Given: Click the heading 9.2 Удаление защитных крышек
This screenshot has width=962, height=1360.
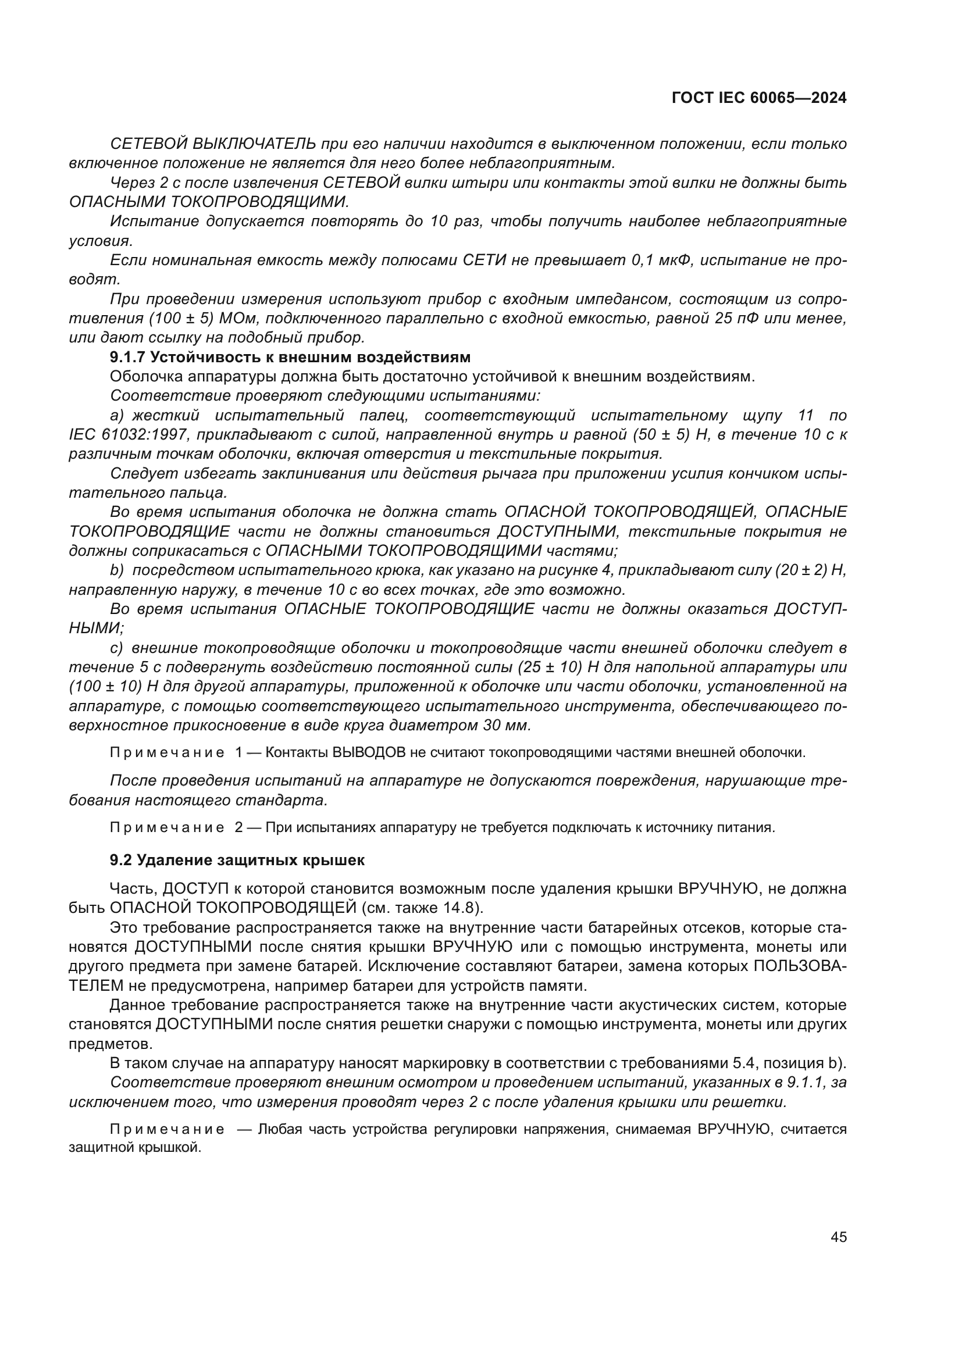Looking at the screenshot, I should [237, 860].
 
